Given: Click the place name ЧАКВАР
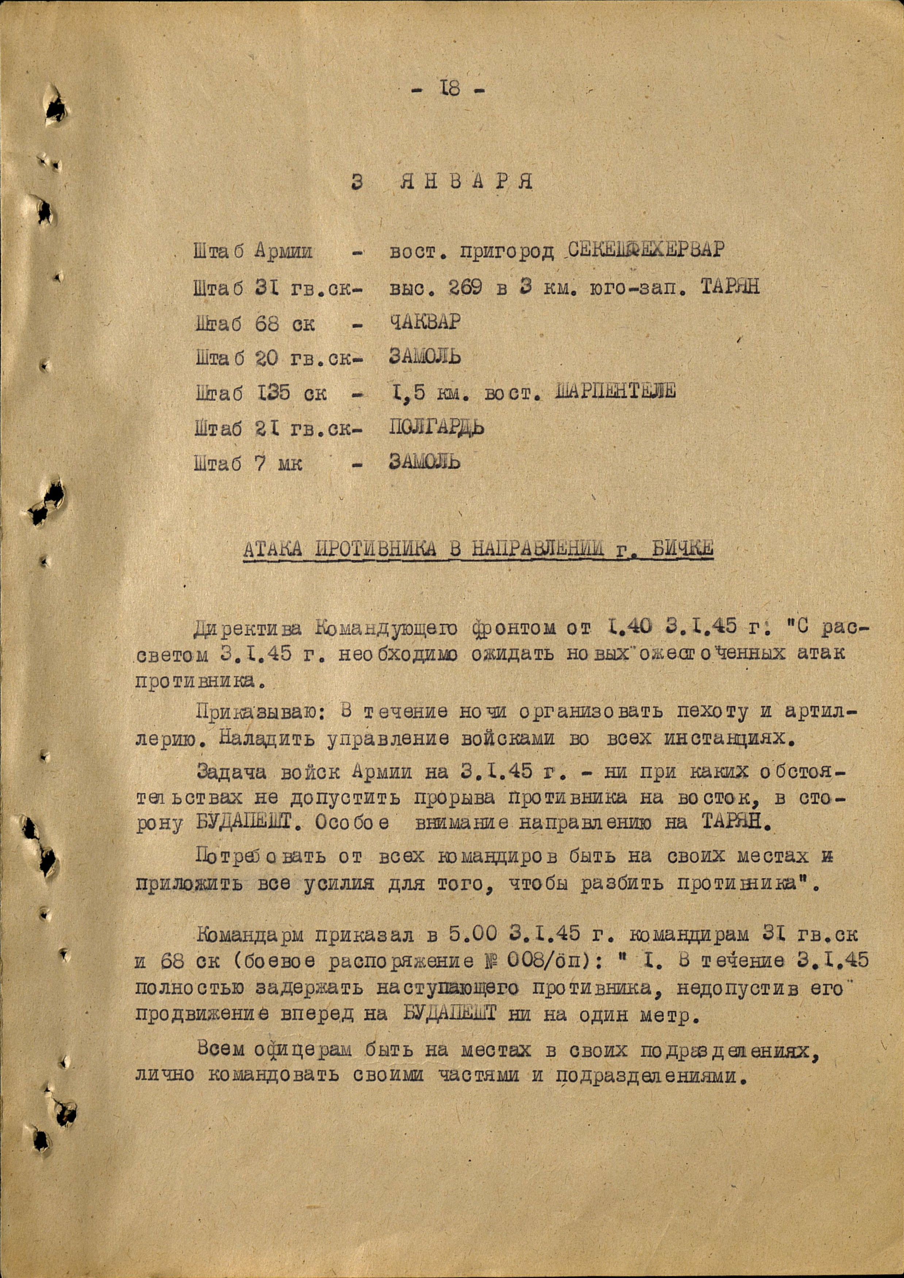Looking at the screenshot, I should coord(425,322).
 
